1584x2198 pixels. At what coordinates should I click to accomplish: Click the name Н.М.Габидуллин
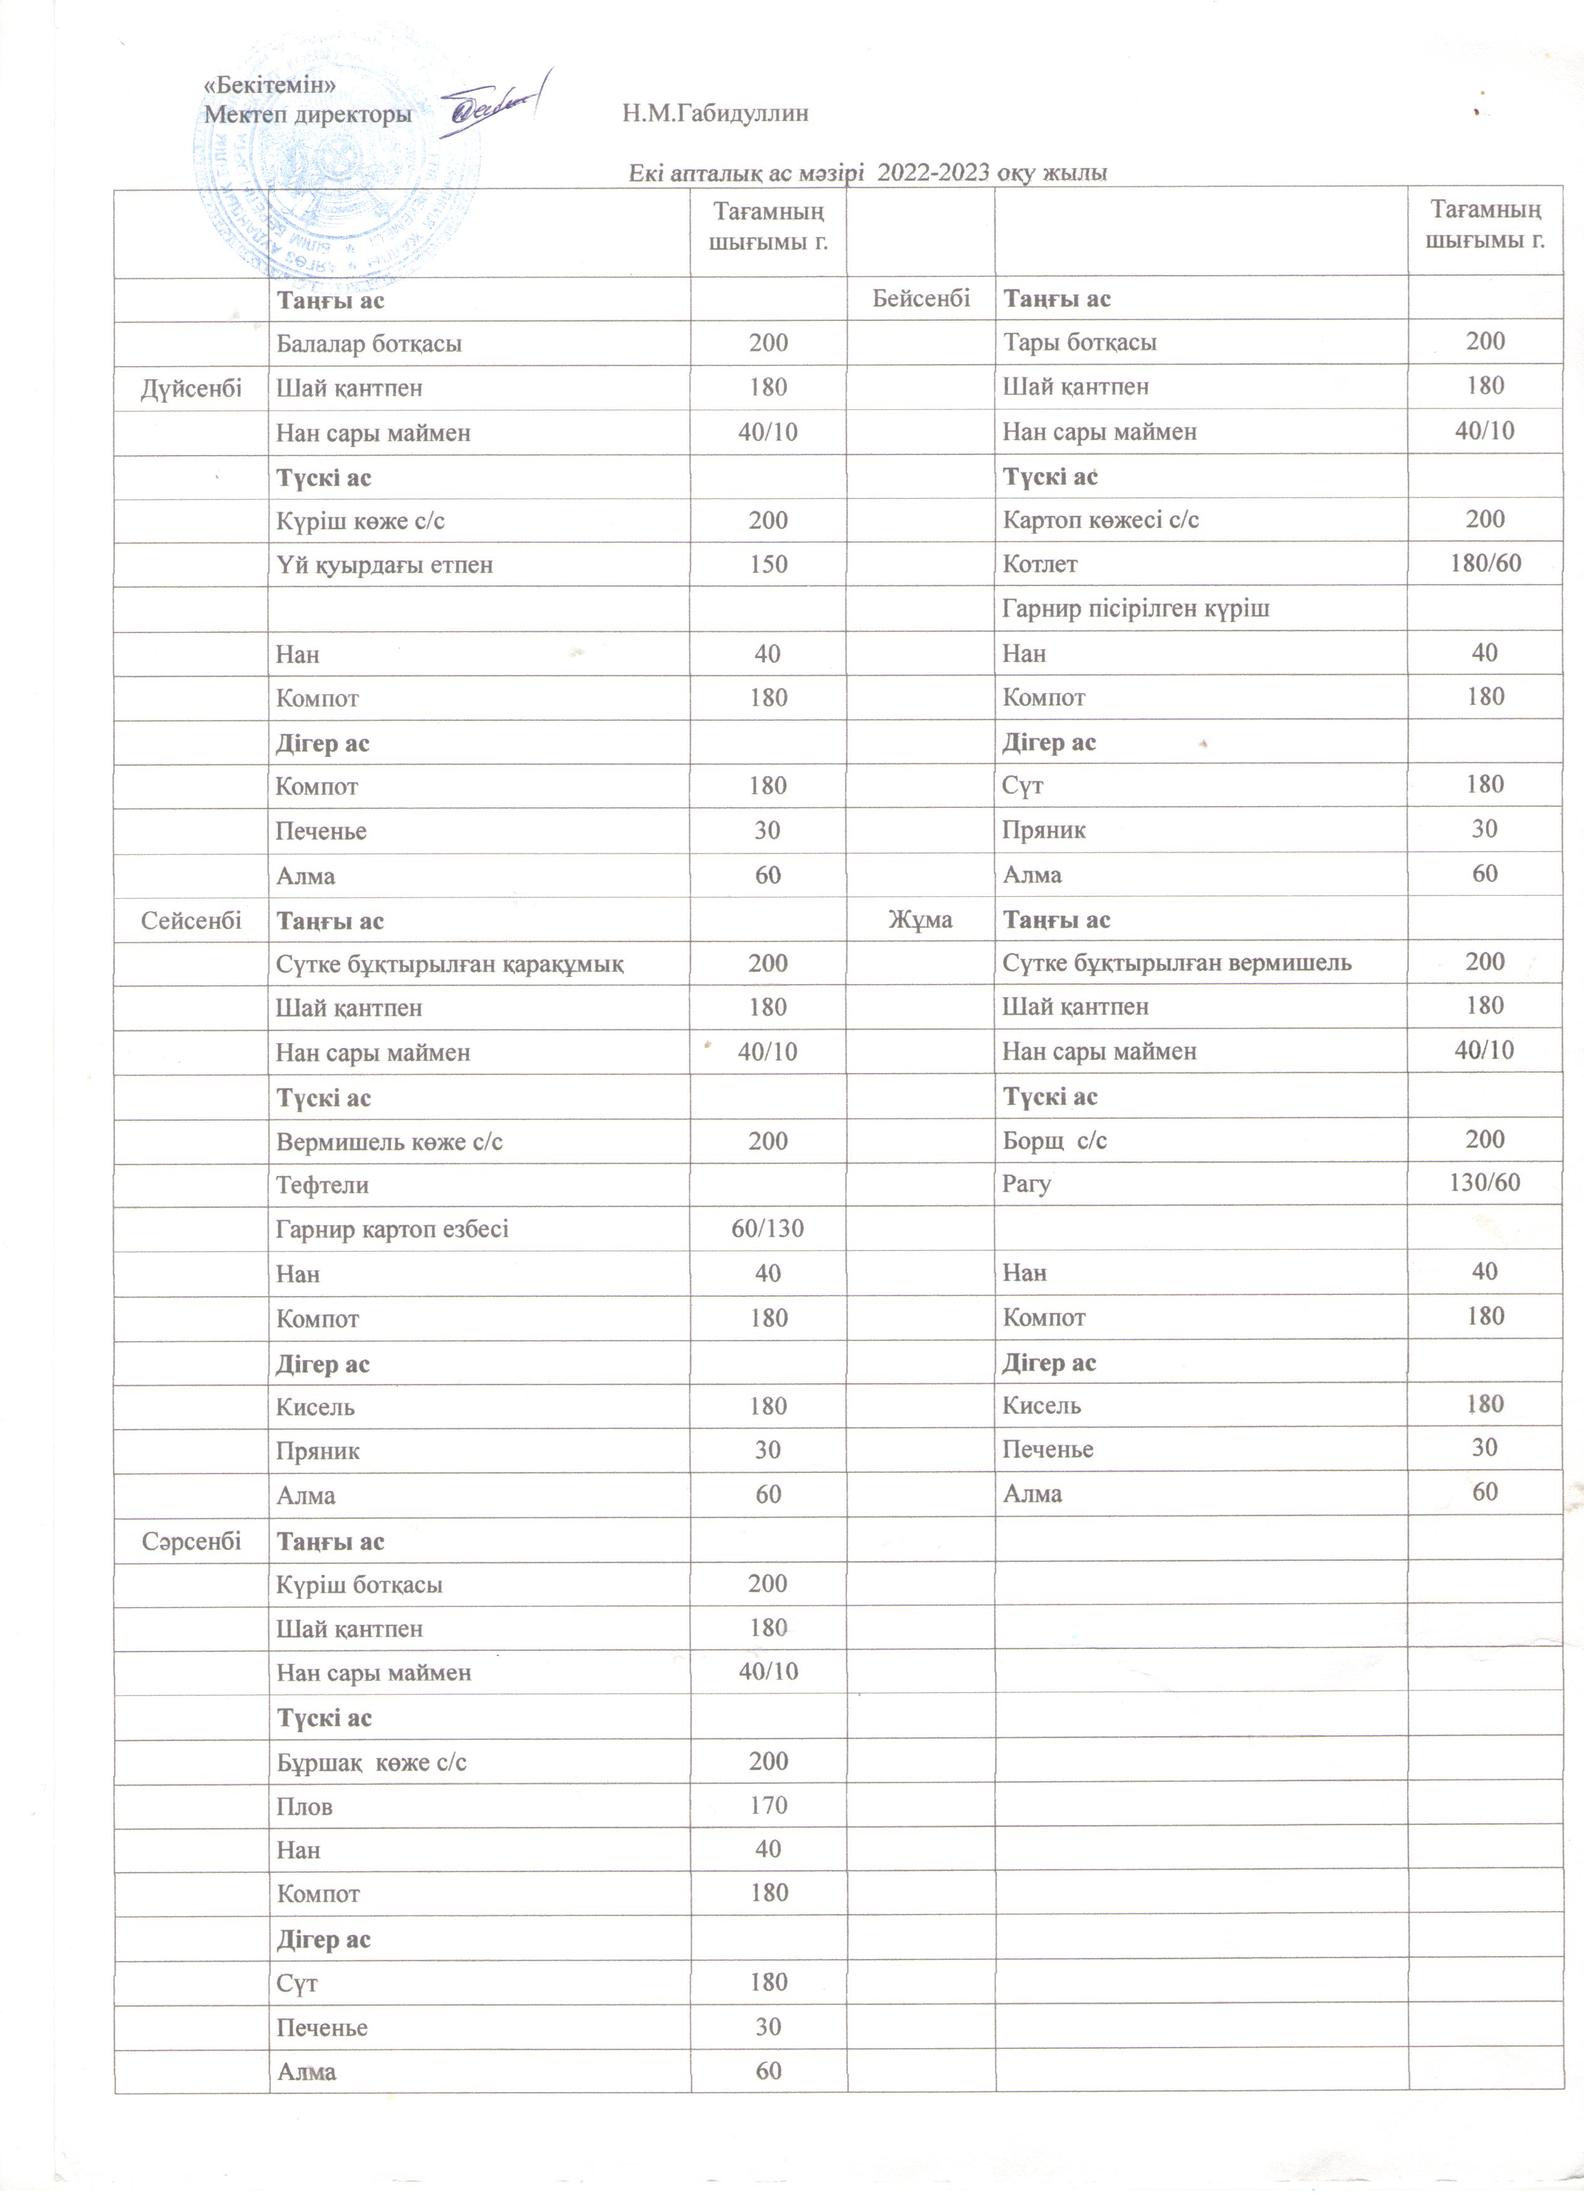click(715, 114)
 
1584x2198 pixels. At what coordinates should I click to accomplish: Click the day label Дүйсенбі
click(191, 389)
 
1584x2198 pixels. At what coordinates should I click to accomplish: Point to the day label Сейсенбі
click(191, 919)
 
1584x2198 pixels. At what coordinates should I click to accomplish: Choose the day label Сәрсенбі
click(191, 1541)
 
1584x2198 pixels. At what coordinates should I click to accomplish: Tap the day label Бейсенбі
click(920, 298)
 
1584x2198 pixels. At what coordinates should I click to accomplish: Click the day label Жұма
click(920, 919)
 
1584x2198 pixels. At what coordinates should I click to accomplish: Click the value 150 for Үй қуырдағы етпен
click(768, 565)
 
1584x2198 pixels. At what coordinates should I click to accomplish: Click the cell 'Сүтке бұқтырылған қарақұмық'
click(449, 965)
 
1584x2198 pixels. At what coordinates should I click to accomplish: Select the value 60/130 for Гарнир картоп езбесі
click(768, 1229)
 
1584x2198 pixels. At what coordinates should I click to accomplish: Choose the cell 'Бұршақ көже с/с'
click(371, 1762)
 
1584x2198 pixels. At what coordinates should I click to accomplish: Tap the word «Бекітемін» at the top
click(269, 85)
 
